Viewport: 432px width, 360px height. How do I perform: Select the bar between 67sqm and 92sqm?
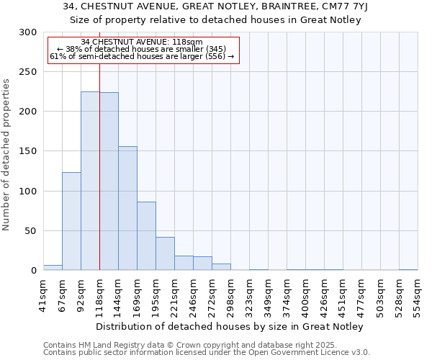point(71,221)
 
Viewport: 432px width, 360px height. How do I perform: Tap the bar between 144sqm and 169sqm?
point(127,209)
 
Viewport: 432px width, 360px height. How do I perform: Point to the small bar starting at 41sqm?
point(53,268)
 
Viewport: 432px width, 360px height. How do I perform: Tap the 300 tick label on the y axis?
point(28,32)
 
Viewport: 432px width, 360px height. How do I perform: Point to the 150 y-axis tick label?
point(28,151)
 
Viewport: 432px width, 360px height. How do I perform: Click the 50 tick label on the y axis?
point(31,231)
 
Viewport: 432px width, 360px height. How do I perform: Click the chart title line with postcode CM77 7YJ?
point(216,6)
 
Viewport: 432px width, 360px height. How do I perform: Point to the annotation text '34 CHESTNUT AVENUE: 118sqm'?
point(142,42)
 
